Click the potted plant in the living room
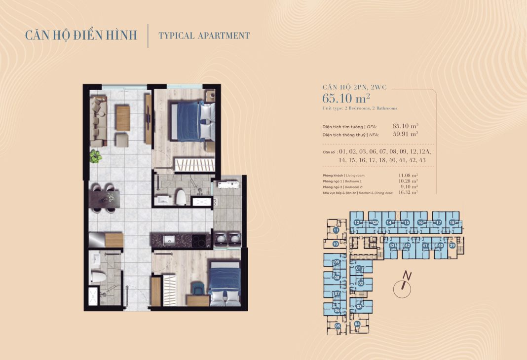click(x=95, y=156)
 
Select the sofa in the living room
click(x=98, y=120)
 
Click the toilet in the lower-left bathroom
click(x=98, y=277)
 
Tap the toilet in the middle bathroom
click(x=180, y=197)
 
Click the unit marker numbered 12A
click(x=376, y=223)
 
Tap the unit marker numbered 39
click(x=452, y=245)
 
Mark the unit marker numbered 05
click(x=338, y=326)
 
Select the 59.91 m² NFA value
click(x=405, y=134)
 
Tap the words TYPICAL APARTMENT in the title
click(x=204, y=36)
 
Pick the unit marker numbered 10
click(x=336, y=244)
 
